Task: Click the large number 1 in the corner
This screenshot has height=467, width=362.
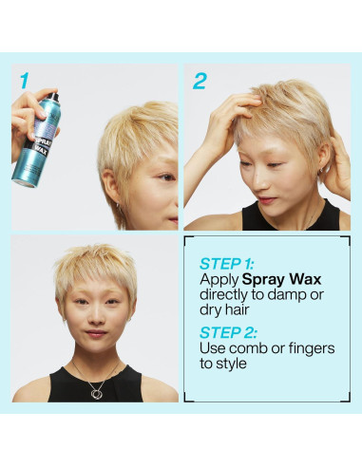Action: pyautogui.click(x=23, y=82)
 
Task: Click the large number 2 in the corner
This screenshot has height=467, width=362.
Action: pyautogui.click(x=200, y=82)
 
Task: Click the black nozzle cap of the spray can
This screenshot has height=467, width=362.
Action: pyautogui.click(x=53, y=96)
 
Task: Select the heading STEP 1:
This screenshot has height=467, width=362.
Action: pyautogui.click(x=228, y=265)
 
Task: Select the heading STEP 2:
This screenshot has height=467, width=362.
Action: pyautogui.click(x=228, y=332)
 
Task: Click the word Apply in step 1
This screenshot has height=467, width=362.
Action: pyautogui.click(x=219, y=281)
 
